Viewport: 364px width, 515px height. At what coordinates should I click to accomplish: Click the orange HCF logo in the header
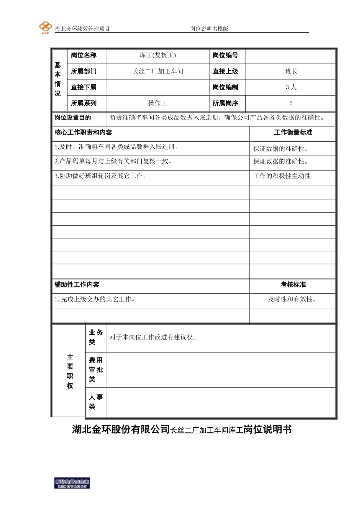[x=45, y=28]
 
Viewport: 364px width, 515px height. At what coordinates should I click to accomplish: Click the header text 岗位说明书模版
[x=209, y=29]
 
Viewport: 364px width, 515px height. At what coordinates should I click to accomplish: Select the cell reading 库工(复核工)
[x=157, y=55]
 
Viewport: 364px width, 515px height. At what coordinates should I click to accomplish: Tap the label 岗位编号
[x=225, y=55]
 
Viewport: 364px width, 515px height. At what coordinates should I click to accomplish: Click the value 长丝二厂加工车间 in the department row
[x=157, y=71]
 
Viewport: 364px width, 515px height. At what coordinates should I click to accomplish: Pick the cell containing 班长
[x=291, y=71]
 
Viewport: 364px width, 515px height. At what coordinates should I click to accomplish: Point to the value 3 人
[x=291, y=87]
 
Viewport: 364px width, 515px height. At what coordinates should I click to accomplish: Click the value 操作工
[x=157, y=103]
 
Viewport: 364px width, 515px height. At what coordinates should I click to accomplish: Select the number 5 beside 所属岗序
[x=291, y=103]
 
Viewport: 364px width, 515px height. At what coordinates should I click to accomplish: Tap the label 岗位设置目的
[x=73, y=118]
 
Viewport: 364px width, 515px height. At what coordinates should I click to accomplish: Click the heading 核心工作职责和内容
[x=83, y=133]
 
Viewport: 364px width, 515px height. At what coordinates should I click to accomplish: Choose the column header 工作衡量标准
[x=293, y=133]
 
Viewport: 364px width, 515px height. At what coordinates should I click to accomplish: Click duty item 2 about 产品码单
[x=113, y=161]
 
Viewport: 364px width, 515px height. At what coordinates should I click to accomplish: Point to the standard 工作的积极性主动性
[x=284, y=176]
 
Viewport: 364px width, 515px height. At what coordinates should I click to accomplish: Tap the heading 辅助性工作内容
[x=77, y=285]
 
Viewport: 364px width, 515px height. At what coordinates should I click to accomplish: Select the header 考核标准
[x=293, y=285]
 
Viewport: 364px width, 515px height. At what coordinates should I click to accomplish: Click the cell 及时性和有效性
[x=292, y=299]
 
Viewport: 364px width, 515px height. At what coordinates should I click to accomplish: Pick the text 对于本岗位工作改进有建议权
[x=153, y=337]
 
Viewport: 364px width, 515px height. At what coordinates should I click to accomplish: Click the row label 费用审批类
[x=96, y=370]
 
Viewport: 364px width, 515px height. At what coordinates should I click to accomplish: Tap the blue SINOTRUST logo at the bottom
[x=72, y=483]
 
